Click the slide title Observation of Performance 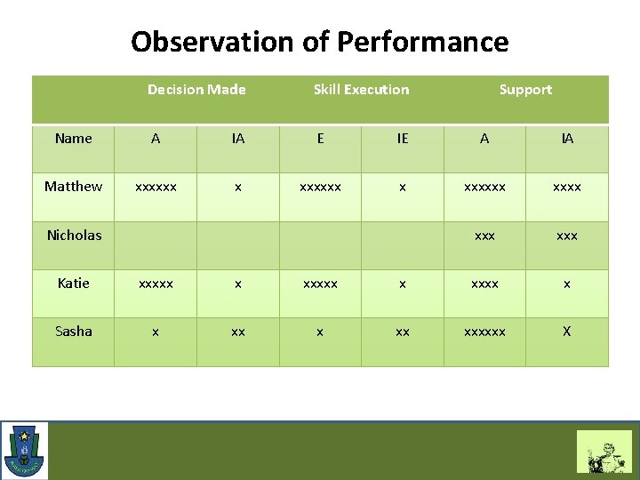(319, 42)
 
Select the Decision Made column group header (196, 90)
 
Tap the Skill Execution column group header (361, 90)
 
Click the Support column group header (525, 90)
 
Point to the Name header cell (73, 139)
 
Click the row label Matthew (73, 187)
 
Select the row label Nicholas (74, 236)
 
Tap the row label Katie (73, 284)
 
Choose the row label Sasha (73, 332)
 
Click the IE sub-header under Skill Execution (403, 139)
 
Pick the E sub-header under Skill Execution (320, 139)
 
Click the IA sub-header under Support (567, 139)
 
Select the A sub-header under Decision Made (156, 139)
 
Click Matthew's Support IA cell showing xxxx (567, 188)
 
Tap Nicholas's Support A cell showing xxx (484, 236)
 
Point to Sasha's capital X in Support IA (567, 332)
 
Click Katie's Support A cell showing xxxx (484, 284)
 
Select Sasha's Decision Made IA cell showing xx (238, 332)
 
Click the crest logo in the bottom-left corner (25, 451)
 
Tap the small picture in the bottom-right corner (604, 452)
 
